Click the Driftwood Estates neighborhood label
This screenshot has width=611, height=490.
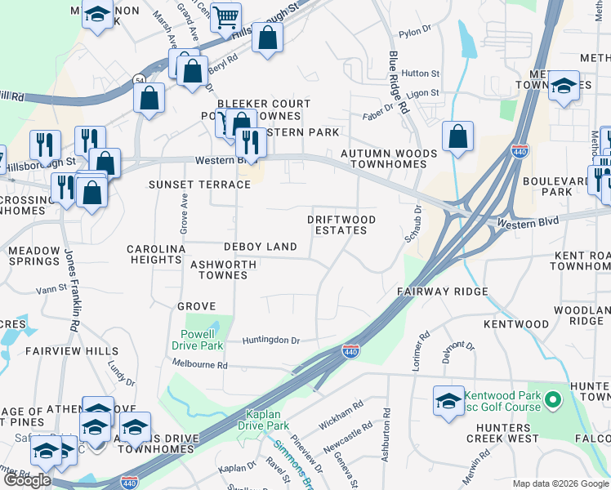point(341,225)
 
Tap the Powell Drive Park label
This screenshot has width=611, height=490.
point(197,340)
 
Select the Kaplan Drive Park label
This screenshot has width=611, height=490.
point(263,420)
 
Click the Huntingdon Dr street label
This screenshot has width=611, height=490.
point(271,340)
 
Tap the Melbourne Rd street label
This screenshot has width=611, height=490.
point(200,364)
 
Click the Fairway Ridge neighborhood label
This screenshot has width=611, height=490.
point(443,292)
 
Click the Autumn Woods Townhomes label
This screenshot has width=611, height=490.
point(383,158)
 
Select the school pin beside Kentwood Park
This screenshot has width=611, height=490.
point(448,400)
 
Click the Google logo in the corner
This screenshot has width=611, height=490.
point(27,479)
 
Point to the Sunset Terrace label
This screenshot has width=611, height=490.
point(199,185)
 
